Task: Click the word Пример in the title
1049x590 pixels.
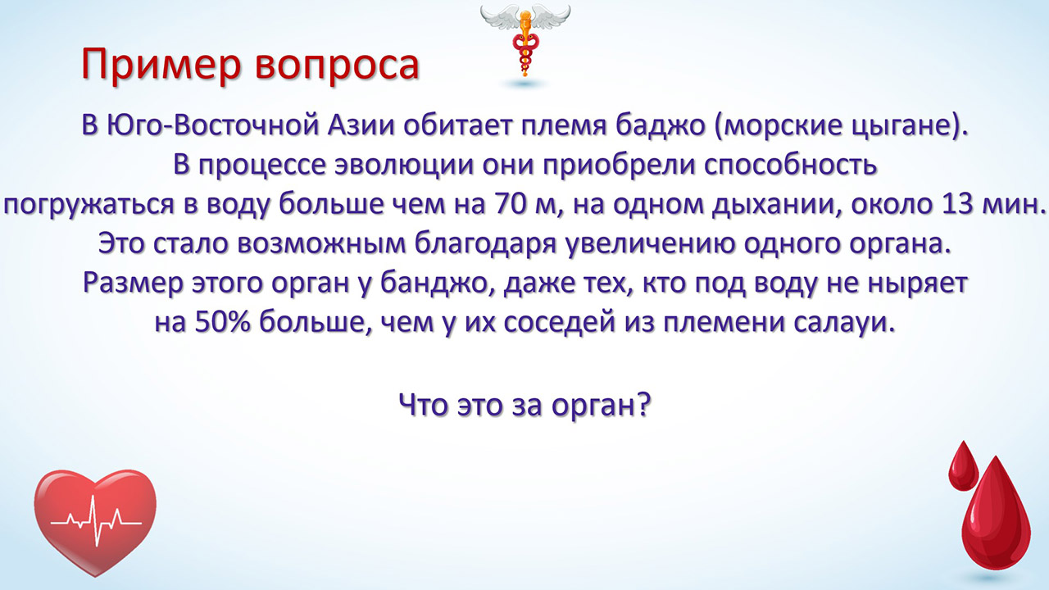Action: [161, 65]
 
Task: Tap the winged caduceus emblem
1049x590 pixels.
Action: [524, 41]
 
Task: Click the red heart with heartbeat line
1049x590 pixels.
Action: [95, 523]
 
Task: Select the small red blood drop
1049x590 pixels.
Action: [963, 466]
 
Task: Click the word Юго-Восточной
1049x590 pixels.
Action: [212, 126]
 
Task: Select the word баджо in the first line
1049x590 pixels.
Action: [661, 125]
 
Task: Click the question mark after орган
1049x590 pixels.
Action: [644, 404]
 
